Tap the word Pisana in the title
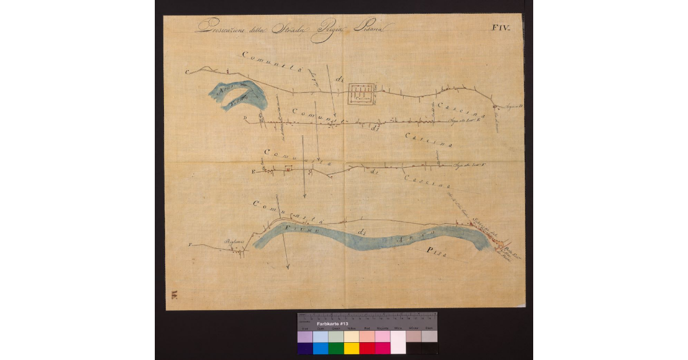pos(372,27)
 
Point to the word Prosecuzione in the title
pos(220,27)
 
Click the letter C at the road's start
pos(187,72)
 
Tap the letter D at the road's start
pos(245,119)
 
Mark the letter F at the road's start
pos(189,245)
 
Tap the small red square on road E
pos(288,169)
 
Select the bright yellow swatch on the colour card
pos(351,347)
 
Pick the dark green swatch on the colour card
pos(336,347)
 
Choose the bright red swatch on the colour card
pos(367,347)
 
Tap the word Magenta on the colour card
pos(382,328)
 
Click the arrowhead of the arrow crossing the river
pos(287,267)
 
